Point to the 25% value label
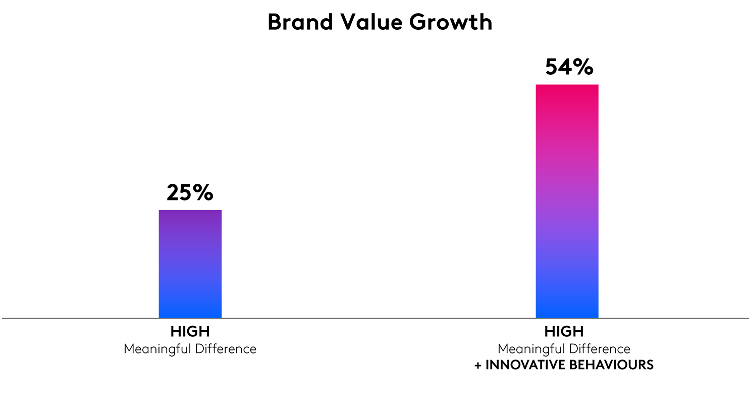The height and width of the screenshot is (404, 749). click(190, 193)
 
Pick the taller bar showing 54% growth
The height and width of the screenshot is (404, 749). click(567, 202)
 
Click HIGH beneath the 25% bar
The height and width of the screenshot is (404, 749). click(190, 332)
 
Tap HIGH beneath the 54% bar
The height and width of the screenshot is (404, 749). click(564, 332)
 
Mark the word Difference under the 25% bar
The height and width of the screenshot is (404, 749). click(229, 349)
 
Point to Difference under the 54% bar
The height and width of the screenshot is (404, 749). click(603, 349)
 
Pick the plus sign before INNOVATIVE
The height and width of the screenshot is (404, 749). click(478, 365)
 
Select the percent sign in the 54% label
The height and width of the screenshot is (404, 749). click(583, 67)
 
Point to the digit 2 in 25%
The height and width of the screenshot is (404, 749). click(174, 193)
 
